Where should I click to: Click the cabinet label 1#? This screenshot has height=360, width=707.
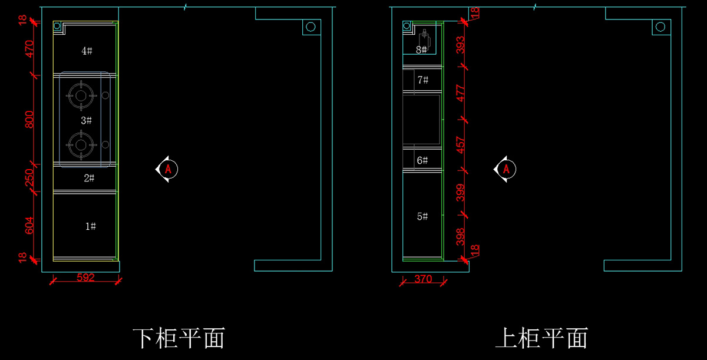(90, 226)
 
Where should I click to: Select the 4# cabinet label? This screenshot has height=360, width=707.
(87, 51)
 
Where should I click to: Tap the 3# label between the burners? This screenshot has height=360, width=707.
(86, 120)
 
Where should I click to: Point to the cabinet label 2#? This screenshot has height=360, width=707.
(88, 178)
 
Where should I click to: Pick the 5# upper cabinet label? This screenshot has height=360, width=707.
(422, 217)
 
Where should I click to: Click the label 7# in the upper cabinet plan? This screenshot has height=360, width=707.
(422, 80)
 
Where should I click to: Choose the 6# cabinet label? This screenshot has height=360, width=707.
(422, 160)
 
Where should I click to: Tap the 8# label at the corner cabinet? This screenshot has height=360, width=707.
(421, 50)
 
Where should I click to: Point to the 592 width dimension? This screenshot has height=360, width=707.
(86, 278)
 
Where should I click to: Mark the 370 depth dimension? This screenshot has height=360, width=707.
(424, 279)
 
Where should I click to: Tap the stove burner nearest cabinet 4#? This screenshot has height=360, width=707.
(81, 95)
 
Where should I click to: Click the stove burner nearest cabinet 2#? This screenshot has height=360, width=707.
(81, 144)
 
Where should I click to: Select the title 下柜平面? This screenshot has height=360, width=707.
(179, 338)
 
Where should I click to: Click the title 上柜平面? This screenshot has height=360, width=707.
(542, 338)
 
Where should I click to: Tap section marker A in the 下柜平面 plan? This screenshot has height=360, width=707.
(168, 169)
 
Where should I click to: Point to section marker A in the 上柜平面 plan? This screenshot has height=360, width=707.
(506, 169)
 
